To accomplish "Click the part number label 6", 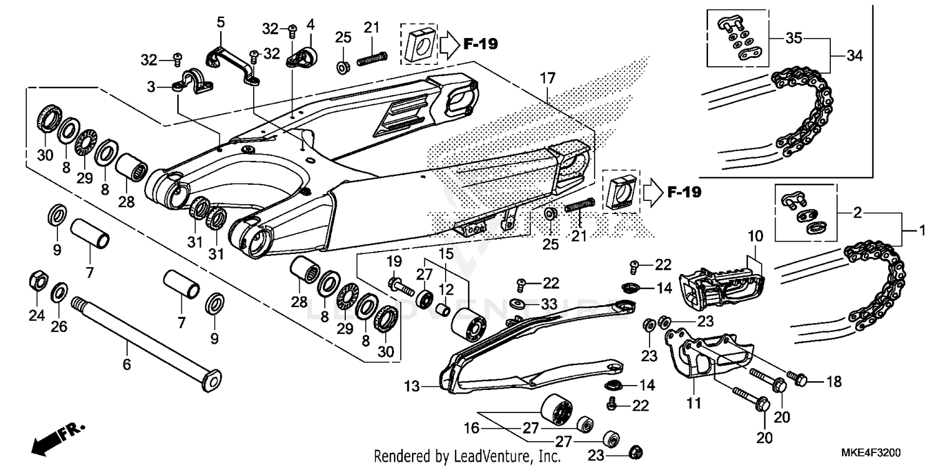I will (x=127, y=364).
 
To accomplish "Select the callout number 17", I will (x=547, y=79).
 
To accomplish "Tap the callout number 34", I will (x=855, y=57).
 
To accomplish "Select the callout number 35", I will (x=794, y=37).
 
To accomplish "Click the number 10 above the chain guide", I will (x=755, y=237).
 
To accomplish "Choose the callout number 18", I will (x=834, y=381).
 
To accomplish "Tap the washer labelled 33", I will (x=517, y=304).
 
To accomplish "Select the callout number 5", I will (x=221, y=23).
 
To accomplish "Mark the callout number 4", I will (x=310, y=26).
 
